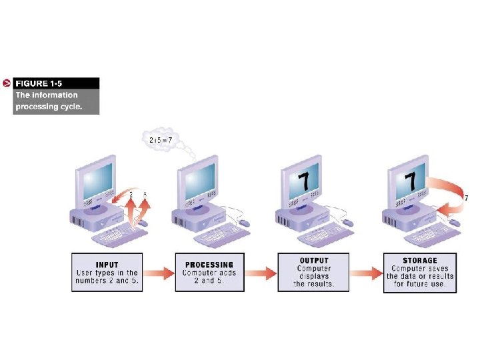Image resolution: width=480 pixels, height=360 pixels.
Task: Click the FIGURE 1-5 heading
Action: click(x=41, y=83)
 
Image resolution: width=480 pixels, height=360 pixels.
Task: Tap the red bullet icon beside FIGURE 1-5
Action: click(x=6, y=83)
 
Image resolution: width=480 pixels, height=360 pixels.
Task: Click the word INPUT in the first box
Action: click(x=107, y=265)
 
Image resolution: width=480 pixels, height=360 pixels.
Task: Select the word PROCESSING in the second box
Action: click(x=209, y=265)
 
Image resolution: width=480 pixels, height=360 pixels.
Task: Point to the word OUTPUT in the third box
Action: click(x=313, y=260)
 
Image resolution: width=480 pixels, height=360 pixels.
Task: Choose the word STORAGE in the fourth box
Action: click(x=420, y=261)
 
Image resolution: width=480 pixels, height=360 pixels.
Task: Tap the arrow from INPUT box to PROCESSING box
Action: click(x=157, y=273)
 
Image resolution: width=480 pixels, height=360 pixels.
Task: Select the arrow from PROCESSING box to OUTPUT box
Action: click(x=261, y=273)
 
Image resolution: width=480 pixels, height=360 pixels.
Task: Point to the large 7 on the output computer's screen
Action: click(x=303, y=181)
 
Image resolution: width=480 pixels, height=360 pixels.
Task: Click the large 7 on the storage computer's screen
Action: click(x=411, y=181)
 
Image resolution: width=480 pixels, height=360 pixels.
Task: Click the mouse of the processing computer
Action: click(x=244, y=222)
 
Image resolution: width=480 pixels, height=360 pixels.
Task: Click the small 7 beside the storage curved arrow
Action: click(x=466, y=198)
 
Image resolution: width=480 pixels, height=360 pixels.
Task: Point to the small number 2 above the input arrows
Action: click(x=131, y=195)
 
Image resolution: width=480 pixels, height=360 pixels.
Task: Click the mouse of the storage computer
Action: click(x=455, y=222)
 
